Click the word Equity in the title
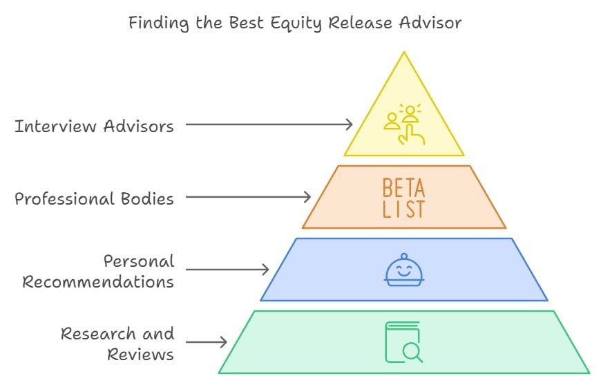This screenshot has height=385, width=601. click(x=296, y=23)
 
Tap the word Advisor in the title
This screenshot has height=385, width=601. click(x=430, y=22)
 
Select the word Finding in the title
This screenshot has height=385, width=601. click(x=159, y=23)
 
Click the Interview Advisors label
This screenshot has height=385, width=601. click(x=94, y=126)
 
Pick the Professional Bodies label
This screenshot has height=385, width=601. click(x=94, y=198)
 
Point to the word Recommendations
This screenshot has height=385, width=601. click(x=98, y=282)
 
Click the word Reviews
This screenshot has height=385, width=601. click(x=140, y=355)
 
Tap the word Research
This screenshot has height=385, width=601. click(x=99, y=334)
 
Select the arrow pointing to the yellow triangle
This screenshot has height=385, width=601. click(x=269, y=124)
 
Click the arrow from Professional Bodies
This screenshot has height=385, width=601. click(x=249, y=197)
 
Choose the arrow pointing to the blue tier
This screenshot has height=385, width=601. click(x=227, y=270)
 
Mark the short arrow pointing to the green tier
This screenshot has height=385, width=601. click(x=207, y=342)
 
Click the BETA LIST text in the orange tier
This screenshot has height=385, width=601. click(x=404, y=198)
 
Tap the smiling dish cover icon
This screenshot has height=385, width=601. click(x=404, y=270)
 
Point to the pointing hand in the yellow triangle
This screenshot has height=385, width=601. click(x=411, y=135)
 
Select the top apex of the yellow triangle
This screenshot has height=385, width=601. click(x=404, y=52)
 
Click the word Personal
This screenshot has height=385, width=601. click(x=139, y=261)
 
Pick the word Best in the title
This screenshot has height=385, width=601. click(x=247, y=22)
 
